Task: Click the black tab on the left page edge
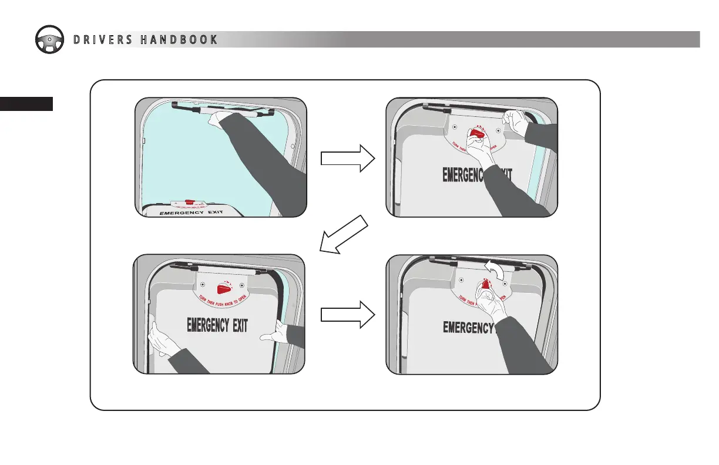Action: click(26, 104)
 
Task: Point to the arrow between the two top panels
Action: click(348, 158)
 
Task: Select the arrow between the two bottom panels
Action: click(348, 315)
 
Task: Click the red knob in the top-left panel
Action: click(189, 201)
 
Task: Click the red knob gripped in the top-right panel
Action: click(478, 133)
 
